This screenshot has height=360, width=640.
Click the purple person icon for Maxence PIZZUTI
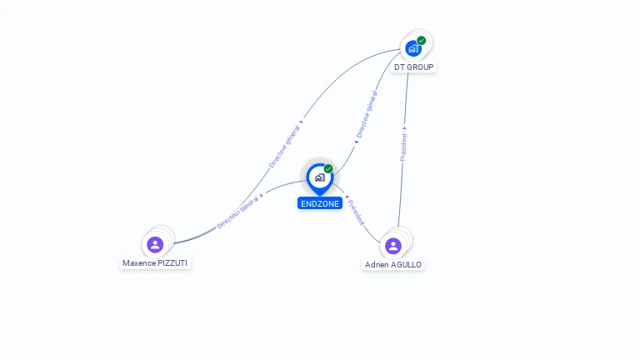click(155, 245)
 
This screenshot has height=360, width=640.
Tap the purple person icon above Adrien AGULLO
click(393, 246)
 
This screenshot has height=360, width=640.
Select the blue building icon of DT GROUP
click(413, 49)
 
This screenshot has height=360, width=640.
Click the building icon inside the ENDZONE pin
click(320, 177)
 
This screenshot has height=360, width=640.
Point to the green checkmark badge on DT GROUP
click(422, 40)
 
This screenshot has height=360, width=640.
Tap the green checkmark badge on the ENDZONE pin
click(328, 168)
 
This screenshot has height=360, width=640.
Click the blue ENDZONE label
click(320, 203)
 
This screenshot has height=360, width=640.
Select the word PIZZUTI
click(172, 263)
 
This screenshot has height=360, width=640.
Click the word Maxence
click(139, 263)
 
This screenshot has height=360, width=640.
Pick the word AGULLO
click(405, 265)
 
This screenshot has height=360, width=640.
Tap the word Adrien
click(376, 265)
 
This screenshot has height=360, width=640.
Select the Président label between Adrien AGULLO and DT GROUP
click(403, 147)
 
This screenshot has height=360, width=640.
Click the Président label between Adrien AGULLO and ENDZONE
click(356, 212)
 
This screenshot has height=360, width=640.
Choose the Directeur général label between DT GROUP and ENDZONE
click(367, 114)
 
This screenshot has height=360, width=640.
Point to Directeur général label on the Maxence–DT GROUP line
click(284, 147)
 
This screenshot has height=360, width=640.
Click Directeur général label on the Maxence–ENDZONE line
click(237, 212)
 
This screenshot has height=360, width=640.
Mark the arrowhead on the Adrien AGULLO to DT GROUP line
click(404, 128)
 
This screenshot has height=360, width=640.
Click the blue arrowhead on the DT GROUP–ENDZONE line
click(357, 142)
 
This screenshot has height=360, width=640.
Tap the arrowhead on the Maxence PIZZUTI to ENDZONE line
click(261, 196)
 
